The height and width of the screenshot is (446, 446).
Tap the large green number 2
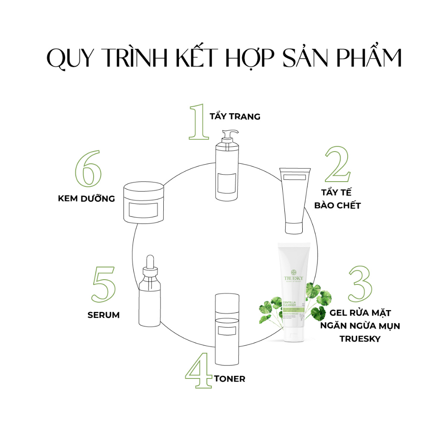pos(337,165)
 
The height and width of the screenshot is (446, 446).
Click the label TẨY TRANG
pos(235,117)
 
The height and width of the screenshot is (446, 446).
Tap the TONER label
pos(230,379)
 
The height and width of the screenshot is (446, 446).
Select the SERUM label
pos(104,314)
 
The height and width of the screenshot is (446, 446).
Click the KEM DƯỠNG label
pos(86,199)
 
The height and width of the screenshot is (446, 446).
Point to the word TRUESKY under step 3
pos(360,338)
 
